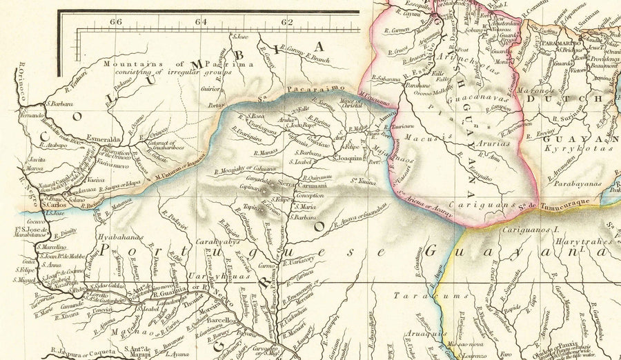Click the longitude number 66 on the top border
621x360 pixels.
[x=116, y=21]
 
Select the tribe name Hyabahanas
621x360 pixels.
[x=121, y=236]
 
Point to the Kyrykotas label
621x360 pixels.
[x=568, y=148]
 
